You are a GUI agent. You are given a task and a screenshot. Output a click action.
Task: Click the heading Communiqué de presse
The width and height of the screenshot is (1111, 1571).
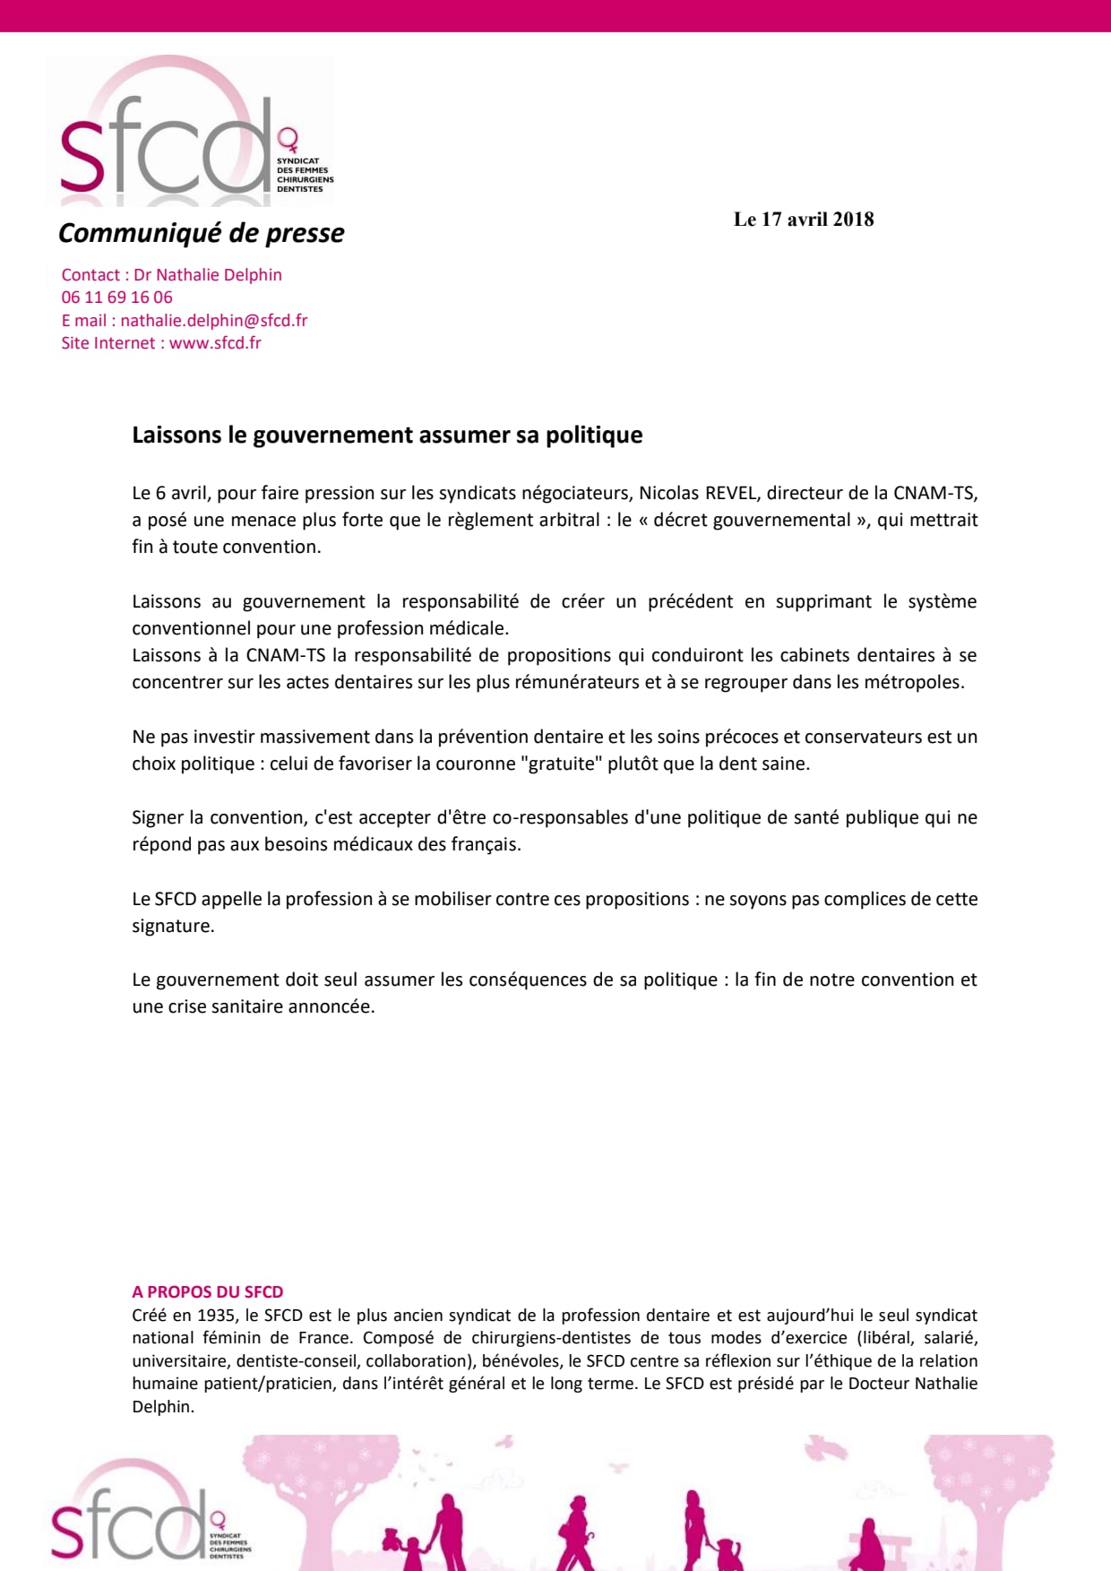click(x=201, y=233)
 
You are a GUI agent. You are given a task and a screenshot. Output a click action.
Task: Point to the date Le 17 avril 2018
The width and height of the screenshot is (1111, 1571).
click(x=804, y=220)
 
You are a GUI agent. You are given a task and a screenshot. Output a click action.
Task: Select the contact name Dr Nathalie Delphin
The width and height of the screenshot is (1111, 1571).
click(x=208, y=275)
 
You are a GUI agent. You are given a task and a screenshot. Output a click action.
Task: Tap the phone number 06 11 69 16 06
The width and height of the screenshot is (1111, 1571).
click(x=116, y=298)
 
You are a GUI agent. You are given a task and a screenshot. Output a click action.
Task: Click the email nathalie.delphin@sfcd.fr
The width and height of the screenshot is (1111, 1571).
click(x=214, y=321)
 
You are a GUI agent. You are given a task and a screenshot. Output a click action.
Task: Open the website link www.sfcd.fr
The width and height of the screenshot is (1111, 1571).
click(x=215, y=343)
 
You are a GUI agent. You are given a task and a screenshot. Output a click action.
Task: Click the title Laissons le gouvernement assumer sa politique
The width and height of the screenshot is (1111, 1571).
click(x=387, y=436)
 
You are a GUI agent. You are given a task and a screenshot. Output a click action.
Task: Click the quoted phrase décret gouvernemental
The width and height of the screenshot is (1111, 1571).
click(x=752, y=521)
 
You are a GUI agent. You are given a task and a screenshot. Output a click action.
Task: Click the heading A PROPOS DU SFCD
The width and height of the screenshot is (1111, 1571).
click(x=207, y=1292)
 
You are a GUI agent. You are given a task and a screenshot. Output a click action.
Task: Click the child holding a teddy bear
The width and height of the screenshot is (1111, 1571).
click(x=410, y=1549)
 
